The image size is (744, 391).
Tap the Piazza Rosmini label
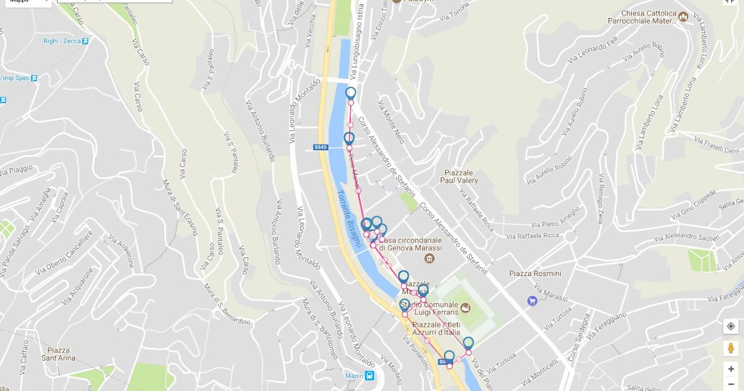(x=534, y=274)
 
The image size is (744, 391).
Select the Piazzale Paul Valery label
(x=459, y=177)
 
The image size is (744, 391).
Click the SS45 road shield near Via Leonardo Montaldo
(x=320, y=147)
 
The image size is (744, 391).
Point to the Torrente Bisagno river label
(x=348, y=218)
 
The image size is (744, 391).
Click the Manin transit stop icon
(x=370, y=375)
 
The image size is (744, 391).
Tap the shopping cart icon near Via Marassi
(x=532, y=301)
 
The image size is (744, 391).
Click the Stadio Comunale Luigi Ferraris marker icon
(x=466, y=308)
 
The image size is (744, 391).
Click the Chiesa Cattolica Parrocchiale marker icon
(x=683, y=17)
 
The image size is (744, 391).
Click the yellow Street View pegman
(x=731, y=348)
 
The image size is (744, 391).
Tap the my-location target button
(x=731, y=326)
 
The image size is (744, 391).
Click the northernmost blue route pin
(x=351, y=94)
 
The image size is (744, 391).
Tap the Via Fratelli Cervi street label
(x=718, y=147)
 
